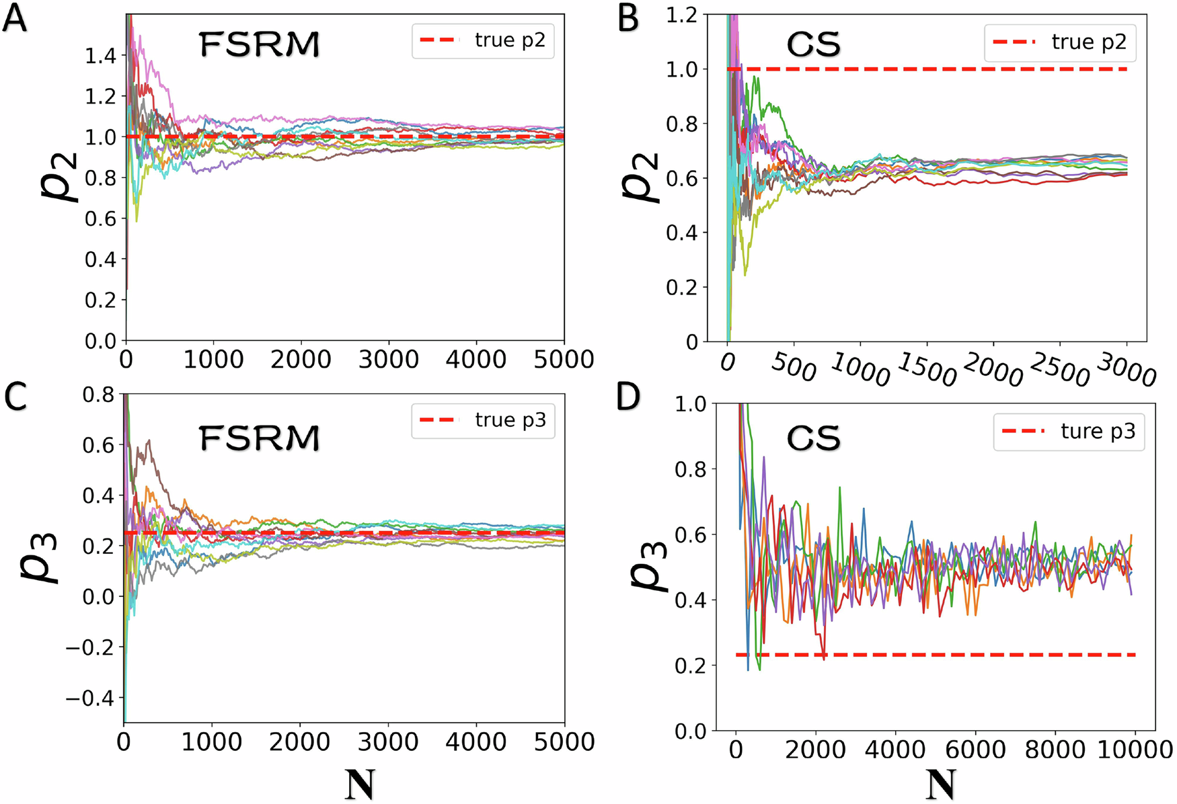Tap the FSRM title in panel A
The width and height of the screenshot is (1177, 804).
pos(260,45)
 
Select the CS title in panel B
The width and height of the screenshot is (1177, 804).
pos(813,45)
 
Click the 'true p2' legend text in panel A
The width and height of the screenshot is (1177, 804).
pos(510,40)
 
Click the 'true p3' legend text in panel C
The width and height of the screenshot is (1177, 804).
pos(510,420)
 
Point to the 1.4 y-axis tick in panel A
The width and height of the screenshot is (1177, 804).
pos(101,56)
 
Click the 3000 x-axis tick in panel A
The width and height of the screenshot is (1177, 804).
pos(388,360)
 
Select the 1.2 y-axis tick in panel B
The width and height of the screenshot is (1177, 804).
pos(681,15)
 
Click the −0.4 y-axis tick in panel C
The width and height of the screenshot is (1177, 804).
pos(89,698)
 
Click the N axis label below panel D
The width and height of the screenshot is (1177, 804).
pos(940,784)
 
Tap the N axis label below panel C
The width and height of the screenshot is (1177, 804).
pos(359,784)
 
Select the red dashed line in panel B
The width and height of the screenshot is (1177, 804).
pos(942,69)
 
